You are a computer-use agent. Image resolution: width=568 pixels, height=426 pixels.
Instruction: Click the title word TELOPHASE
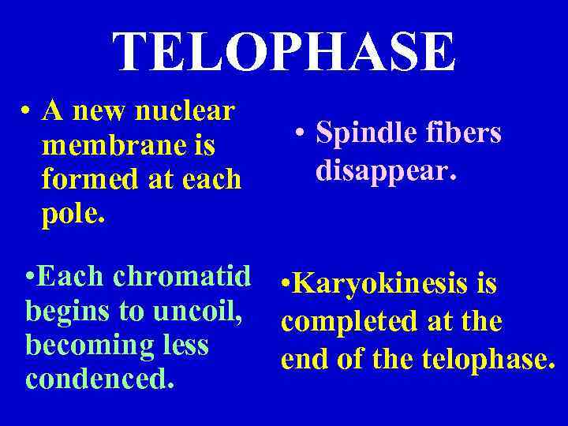[284, 52]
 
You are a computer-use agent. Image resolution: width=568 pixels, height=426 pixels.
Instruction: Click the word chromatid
[182, 276]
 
